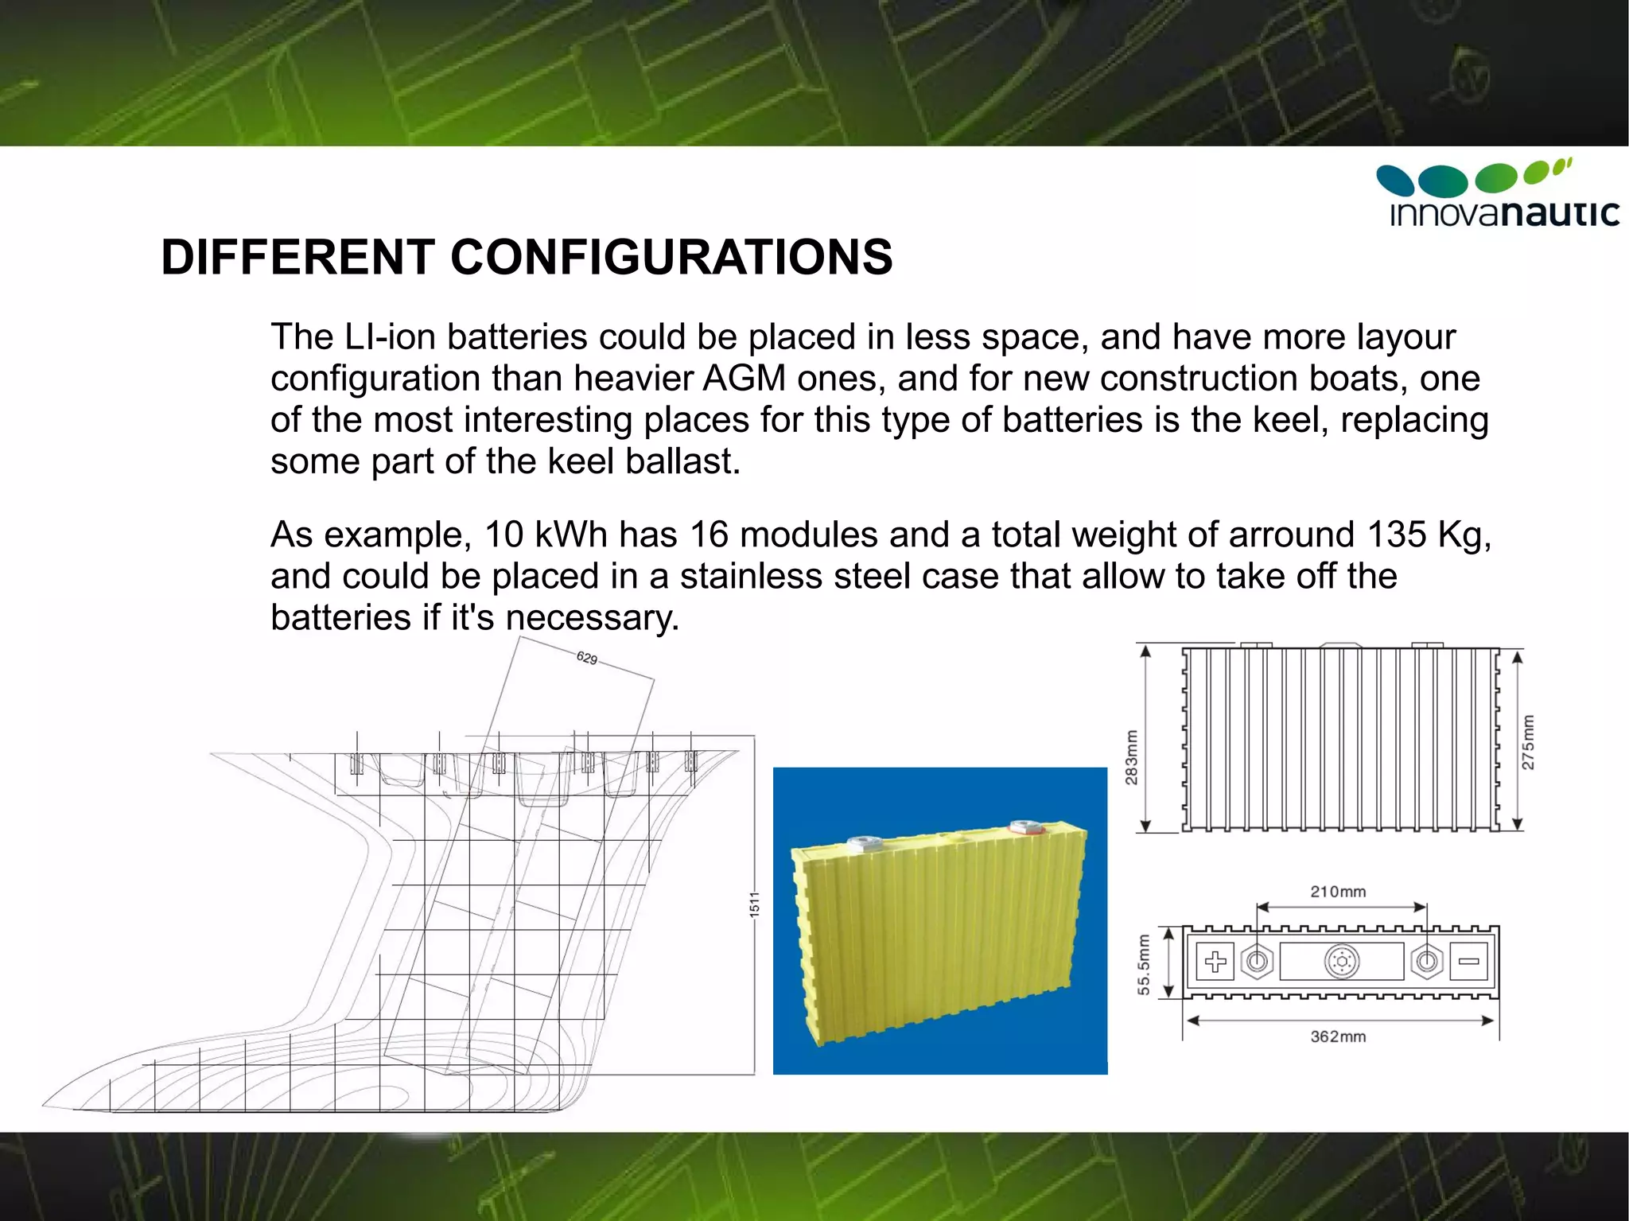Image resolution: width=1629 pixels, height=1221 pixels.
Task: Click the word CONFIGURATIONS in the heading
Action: tap(671, 258)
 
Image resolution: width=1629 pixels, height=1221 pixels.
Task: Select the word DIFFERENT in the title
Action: tap(297, 258)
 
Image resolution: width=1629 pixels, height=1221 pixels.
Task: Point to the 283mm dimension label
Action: tap(1131, 757)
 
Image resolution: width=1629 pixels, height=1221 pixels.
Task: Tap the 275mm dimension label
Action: tap(1528, 743)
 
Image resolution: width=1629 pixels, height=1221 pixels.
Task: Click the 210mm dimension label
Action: tap(1338, 892)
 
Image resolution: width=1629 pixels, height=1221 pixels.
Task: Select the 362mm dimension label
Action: tap(1338, 1036)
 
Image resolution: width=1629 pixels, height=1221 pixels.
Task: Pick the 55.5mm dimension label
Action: tap(1144, 965)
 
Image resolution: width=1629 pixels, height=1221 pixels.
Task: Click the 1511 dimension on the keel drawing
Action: tap(754, 905)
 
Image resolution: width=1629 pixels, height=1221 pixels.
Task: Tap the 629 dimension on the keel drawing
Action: tap(587, 658)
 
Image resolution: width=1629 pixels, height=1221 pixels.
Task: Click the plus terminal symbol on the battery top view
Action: tap(1215, 962)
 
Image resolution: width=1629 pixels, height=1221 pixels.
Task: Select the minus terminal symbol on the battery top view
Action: tap(1468, 962)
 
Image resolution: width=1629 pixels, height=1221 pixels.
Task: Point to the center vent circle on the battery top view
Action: tap(1342, 962)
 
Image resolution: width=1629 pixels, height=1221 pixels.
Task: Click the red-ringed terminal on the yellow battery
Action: tap(1027, 827)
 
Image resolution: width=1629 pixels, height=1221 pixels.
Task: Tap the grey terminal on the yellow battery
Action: tap(865, 842)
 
